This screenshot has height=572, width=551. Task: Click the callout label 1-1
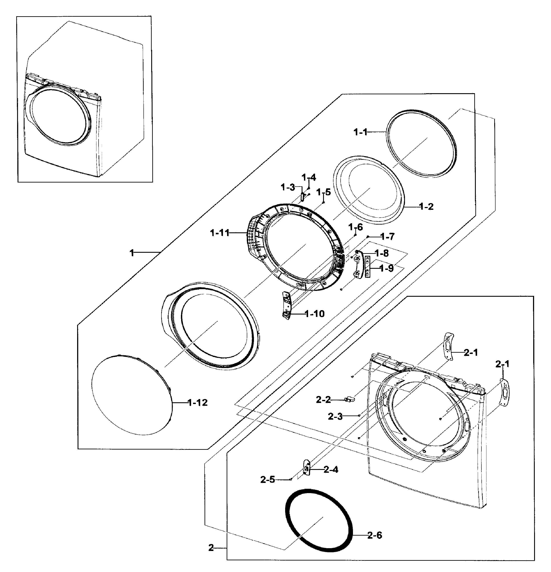360,132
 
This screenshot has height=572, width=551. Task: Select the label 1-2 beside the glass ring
426,207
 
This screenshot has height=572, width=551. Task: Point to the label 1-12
197,403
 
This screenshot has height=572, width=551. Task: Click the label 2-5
267,479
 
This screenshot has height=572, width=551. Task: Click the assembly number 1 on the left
132,253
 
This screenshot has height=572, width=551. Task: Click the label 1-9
387,268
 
